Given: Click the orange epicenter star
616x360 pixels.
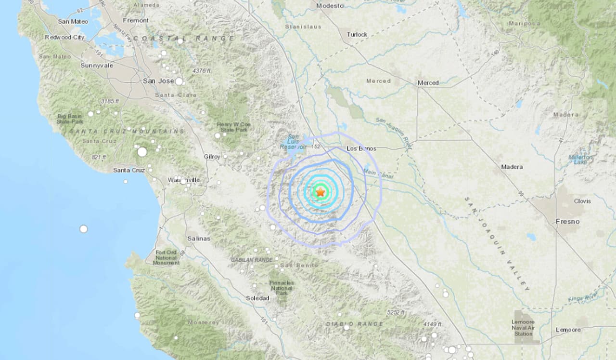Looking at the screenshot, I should [321, 192].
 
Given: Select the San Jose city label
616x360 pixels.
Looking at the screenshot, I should [158, 81].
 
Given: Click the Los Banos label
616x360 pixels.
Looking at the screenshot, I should [361, 148].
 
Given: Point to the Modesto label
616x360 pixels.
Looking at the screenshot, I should [330, 6].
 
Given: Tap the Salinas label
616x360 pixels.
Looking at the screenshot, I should [199, 239].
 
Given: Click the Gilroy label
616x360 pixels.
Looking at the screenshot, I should [212, 157].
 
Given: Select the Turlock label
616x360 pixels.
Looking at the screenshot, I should [357, 34].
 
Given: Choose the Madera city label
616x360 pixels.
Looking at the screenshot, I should [512, 167].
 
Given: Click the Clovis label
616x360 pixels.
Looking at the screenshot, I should [582, 201].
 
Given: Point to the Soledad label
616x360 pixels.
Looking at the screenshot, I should [257, 298].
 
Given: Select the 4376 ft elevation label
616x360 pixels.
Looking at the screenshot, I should [202, 71].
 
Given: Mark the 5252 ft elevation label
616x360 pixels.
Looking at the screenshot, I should [396, 313].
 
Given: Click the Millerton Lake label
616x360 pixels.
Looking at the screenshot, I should [580, 160].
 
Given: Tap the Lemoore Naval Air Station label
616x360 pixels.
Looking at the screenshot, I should [523, 327].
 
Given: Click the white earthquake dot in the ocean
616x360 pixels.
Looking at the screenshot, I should [84, 229].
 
